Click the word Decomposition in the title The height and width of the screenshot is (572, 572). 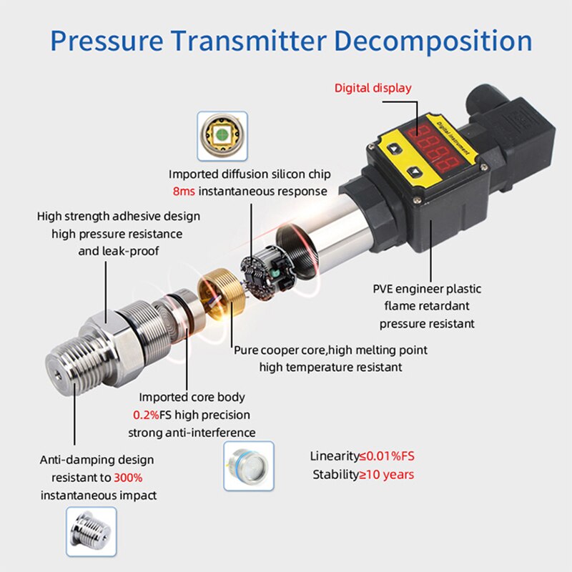pyautogui.click(x=433, y=40)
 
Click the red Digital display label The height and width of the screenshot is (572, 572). pyautogui.click(x=373, y=88)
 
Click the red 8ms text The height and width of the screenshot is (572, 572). pyautogui.click(x=184, y=192)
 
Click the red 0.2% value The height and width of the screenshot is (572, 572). pyautogui.click(x=147, y=415)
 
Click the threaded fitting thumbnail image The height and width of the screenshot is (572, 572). pyautogui.click(x=91, y=532)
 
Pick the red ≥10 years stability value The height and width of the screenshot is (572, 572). pyautogui.click(x=386, y=475)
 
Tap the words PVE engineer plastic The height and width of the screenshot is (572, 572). pyautogui.click(x=427, y=289)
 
